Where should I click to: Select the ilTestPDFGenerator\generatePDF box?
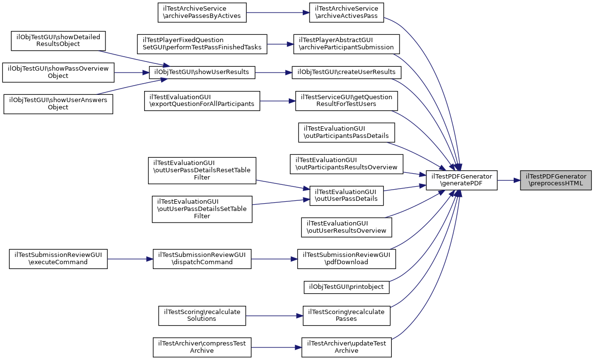tap(461, 180)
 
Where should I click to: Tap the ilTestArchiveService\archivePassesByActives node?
tap(202, 13)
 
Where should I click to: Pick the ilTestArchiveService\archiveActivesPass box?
tap(346, 13)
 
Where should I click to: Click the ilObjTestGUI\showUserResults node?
tap(202, 72)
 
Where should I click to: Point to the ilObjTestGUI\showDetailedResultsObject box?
tap(58, 40)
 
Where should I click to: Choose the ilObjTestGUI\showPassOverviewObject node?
tap(58, 72)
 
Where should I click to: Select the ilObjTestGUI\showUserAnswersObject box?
tap(58, 104)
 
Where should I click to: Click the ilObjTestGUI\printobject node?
tap(346, 287)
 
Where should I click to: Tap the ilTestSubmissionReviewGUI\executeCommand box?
tap(58, 258)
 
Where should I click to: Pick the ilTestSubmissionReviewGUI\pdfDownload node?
tap(346, 258)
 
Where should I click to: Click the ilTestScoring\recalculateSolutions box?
tap(202, 315)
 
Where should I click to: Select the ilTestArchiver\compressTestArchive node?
tap(202, 347)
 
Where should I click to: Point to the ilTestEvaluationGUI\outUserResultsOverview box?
tap(346, 227)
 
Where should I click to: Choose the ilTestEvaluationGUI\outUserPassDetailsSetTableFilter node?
tap(202, 209)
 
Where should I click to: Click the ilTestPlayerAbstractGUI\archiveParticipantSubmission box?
tap(346, 44)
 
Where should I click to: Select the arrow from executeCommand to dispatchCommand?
tap(130, 258)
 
